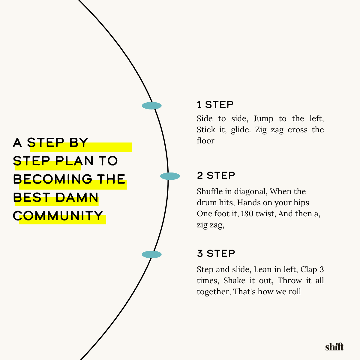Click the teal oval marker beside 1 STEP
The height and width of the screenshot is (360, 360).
coord(152,106)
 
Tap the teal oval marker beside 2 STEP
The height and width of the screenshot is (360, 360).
coord(170,176)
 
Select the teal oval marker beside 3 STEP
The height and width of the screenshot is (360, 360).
coord(152,254)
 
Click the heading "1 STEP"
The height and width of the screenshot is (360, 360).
coord(215,105)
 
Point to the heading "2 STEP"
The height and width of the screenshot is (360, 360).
coord(216,175)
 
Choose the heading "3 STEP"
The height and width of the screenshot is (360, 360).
coord(216,253)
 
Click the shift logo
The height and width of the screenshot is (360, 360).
coord(334,347)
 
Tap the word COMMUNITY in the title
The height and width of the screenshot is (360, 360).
coord(58,216)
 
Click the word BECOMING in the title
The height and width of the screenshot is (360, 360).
coord(53,179)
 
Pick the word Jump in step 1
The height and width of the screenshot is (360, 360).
coord(263,119)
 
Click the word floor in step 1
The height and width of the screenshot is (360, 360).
coord(205,141)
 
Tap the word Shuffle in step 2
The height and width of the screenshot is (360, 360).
coord(210,191)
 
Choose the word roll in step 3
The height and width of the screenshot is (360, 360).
coord(295,292)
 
